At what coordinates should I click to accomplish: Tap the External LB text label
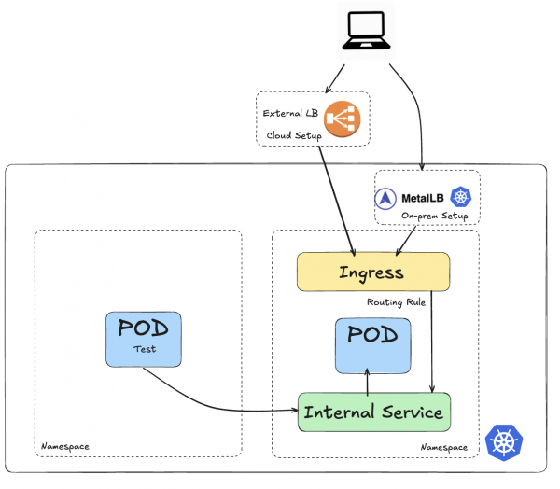pyautogui.click(x=290, y=114)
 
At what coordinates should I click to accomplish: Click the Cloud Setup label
pyautogui.click(x=294, y=135)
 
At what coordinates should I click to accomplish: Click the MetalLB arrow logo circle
pyautogui.click(x=387, y=198)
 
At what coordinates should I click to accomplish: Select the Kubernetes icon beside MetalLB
pyautogui.click(x=460, y=197)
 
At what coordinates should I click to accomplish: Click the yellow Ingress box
pyautogui.click(x=372, y=272)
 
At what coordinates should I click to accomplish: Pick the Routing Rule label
pyautogui.click(x=396, y=303)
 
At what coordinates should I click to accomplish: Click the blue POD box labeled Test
pyautogui.click(x=144, y=338)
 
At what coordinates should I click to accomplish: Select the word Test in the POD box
pyautogui.click(x=144, y=350)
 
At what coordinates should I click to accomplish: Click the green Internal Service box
pyautogui.click(x=373, y=412)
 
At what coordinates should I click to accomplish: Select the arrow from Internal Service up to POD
pyautogui.click(x=368, y=380)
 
